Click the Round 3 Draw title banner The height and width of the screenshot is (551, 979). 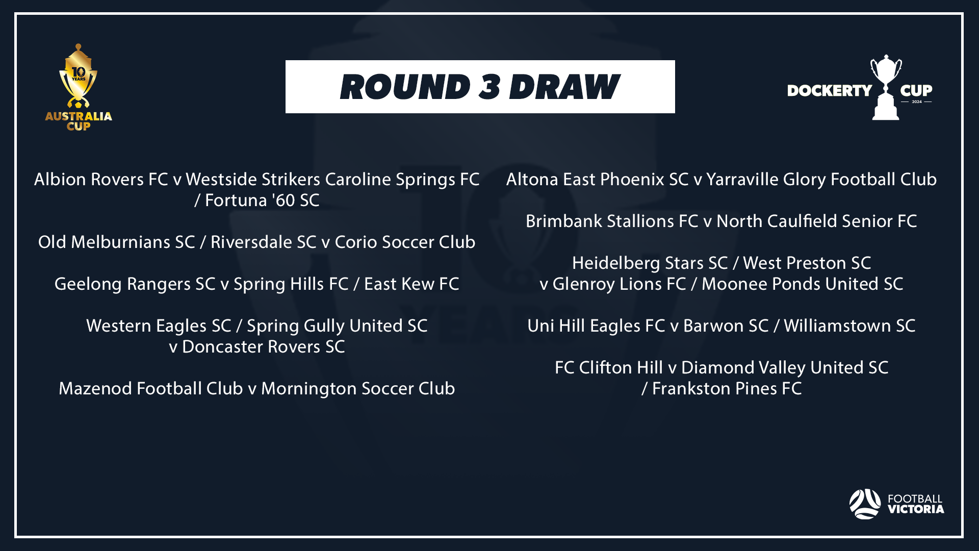[x=480, y=87]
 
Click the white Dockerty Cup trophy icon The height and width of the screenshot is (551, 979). [x=886, y=87]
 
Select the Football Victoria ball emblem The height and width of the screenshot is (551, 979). [x=865, y=504]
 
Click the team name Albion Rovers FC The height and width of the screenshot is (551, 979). [x=101, y=180]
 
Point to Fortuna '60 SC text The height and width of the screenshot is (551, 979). [x=262, y=201]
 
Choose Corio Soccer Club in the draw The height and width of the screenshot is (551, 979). [x=405, y=242]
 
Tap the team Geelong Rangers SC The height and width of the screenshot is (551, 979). [x=135, y=284]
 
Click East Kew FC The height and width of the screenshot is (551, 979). [x=411, y=284]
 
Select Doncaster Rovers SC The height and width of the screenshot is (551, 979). [x=264, y=347]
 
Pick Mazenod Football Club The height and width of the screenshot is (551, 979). [x=151, y=389]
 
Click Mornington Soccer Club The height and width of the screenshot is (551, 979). [x=358, y=389]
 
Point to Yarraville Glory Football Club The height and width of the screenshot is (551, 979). [x=821, y=180]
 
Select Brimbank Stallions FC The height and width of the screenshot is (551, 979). [x=612, y=221]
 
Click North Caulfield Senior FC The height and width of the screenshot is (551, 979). [x=817, y=221]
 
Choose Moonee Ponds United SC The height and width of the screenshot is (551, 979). [x=803, y=284]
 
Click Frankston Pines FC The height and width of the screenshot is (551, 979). [x=727, y=389]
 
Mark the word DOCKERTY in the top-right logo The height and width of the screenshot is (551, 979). [x=830, y=91]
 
